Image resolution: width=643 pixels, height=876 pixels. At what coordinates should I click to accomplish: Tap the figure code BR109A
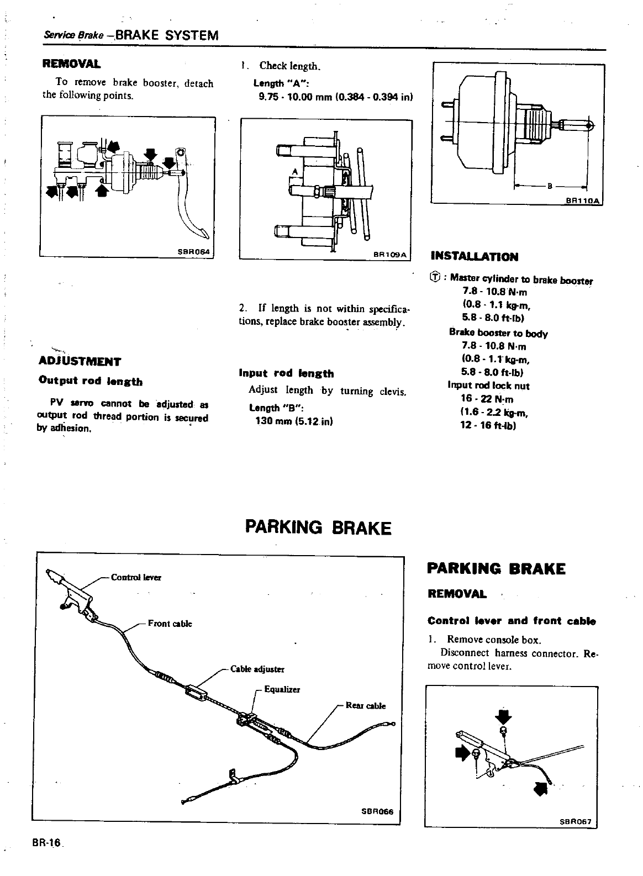click(x=389, y=255)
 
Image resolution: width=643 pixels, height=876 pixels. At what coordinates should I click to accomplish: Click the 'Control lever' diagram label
click(x=136, y=577)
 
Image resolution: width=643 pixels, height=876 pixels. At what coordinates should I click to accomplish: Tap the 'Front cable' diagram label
click(x=170, y=624)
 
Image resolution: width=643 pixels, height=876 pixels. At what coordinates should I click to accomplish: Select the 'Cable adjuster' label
click(x=257, y=669)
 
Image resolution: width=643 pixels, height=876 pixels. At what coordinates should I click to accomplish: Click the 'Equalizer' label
click(x=282, y=690)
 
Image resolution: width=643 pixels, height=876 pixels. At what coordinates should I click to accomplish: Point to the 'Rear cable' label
click(x=365, y=705)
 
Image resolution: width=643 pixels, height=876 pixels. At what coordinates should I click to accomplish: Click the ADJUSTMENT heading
click(x=80, y=362)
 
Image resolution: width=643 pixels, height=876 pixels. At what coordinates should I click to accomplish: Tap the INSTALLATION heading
click(x=474, y=256)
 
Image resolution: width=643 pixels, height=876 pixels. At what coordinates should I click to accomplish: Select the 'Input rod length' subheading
click(x=286, y=373)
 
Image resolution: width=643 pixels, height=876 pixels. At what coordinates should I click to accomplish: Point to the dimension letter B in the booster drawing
click(x=550, y=186)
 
